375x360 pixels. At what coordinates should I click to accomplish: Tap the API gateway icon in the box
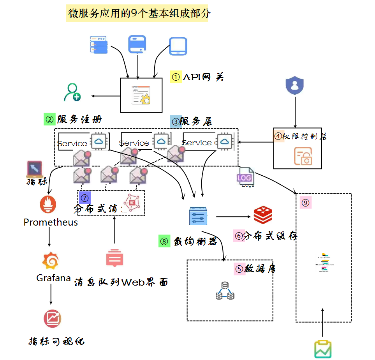click(x=141, y=95)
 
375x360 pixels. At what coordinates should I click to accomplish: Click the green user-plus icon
click(x=72, y=92)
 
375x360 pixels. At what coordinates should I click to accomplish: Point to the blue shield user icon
click(x=295, y=85)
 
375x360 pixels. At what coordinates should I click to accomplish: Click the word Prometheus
click(x=51, y=222)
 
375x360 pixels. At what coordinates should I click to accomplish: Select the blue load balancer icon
click(x=198, y=216)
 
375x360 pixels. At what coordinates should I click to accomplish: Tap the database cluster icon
click(x=225, y=291)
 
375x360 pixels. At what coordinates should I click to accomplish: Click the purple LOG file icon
click(x=245, y=178)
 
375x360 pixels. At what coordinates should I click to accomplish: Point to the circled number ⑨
click(x=305, y=203)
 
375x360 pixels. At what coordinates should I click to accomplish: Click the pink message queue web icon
click(x=114, y=258)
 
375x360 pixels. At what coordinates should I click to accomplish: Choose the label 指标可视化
click(x=56, y=341)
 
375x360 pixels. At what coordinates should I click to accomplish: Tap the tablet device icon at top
click(x=178, y=46)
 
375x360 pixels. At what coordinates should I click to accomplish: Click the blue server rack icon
click(x=99, y=45)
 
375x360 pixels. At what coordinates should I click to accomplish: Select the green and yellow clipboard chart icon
click(x=323, y=349)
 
